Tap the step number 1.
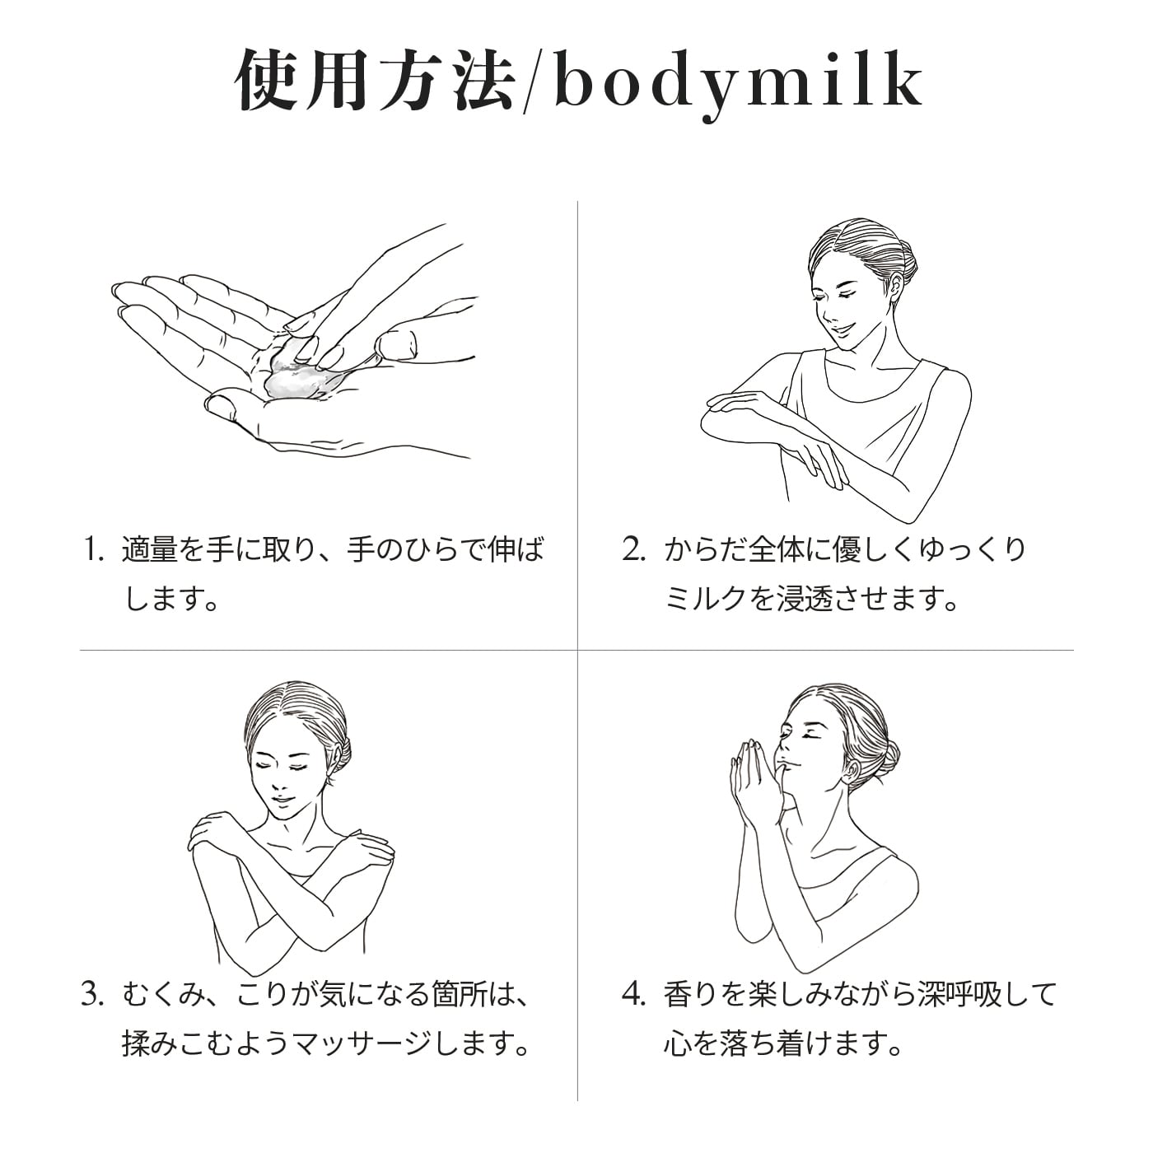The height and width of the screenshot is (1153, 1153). (92, 550)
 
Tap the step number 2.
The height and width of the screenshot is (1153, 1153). (633, 550)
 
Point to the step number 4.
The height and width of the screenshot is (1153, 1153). (633, 995)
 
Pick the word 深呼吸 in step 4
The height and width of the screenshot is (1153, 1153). (959, 995)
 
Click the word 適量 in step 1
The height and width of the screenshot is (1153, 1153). (150, 550)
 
